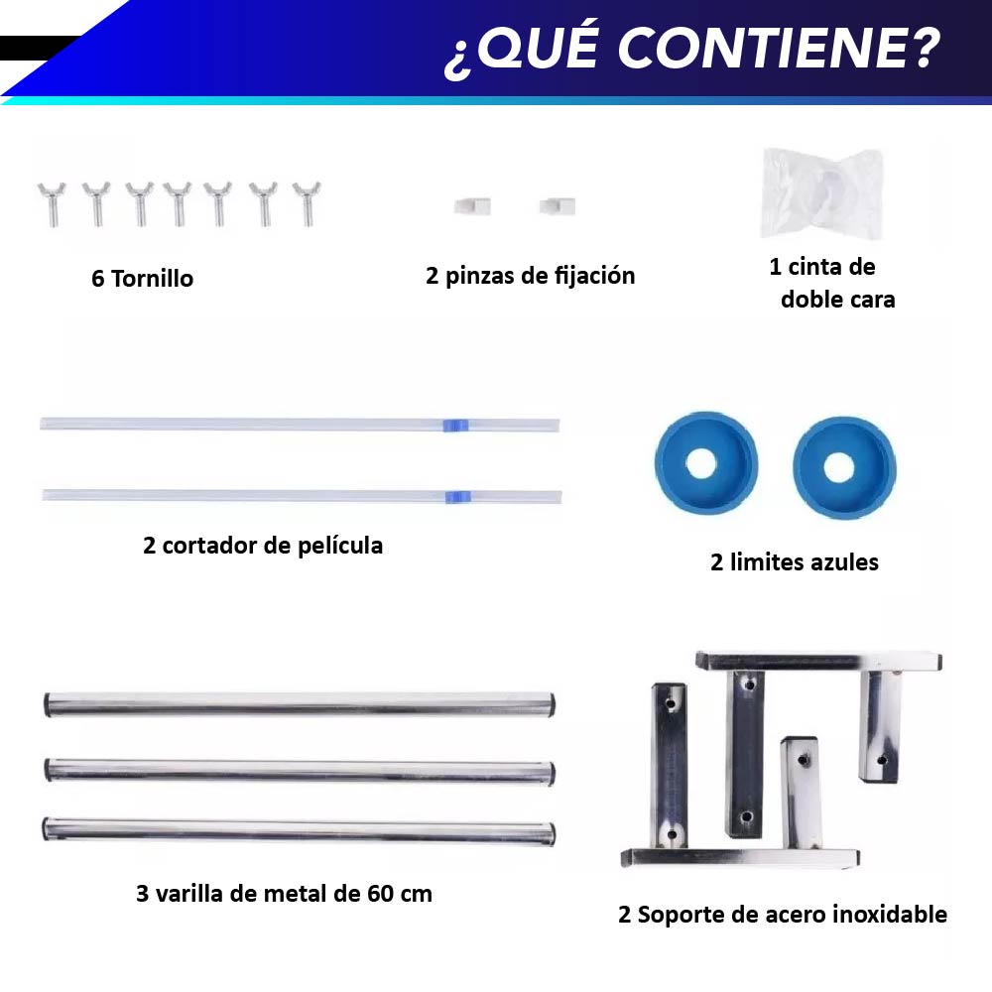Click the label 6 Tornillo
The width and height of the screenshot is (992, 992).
tap(143, 279)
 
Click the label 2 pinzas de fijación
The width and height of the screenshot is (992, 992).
tap(530, 276)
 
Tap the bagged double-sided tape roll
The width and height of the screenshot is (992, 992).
tap(820, 192)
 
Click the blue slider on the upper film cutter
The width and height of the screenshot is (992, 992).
tap(452, 425)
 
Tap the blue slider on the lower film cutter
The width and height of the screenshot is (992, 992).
tap(456, 495)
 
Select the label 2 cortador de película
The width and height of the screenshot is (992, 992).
tap(263, 546)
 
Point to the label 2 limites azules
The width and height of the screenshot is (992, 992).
tap(795, 562)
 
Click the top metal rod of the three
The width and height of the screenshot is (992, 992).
tap(299, 704)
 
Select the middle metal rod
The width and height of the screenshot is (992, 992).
tap(299, 770)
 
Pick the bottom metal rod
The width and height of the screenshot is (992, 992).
tap(299, 829)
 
